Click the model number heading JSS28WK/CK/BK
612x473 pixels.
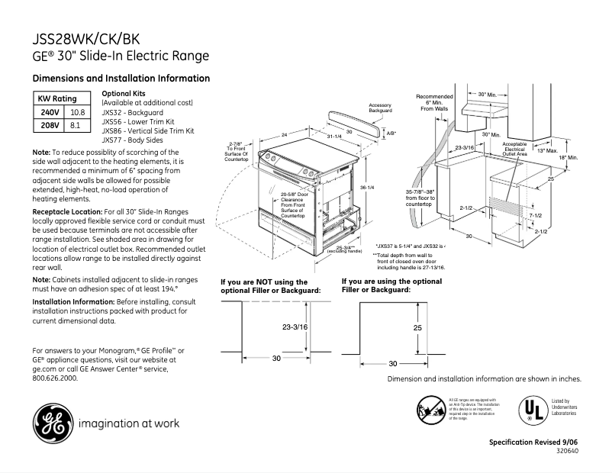(86, 39)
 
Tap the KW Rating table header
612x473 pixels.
(57, 99)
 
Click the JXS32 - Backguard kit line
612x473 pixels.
(132, 112)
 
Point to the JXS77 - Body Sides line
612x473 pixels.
(133, 140)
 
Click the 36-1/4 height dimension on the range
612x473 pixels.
(367, 188)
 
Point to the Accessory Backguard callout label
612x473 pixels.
(380, 108)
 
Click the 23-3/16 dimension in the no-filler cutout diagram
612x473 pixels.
(294, 326)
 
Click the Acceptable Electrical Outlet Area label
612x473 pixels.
(514, 148)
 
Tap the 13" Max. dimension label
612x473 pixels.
(546, 150)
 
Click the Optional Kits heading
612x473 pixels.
(124, 93)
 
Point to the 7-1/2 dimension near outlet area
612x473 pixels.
(535, 217)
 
